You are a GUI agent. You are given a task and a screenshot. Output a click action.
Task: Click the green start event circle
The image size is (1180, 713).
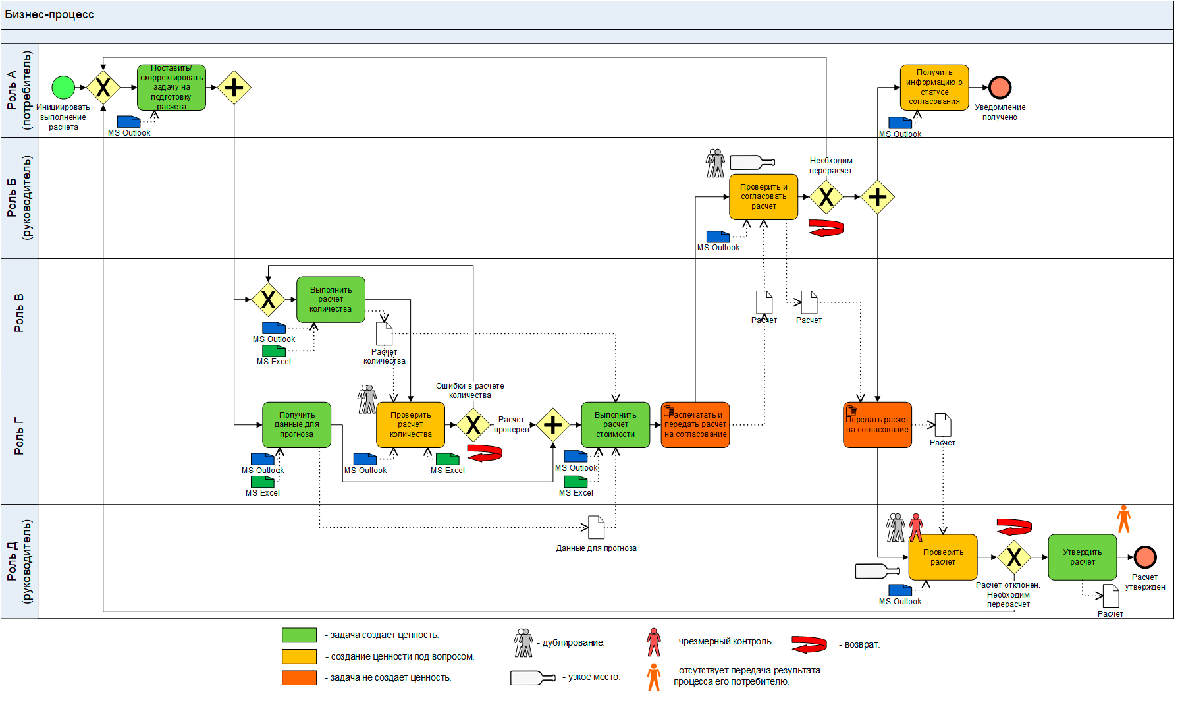click(63, 87)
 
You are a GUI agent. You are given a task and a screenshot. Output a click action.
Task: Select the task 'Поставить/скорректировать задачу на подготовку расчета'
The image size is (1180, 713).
click(171, 88)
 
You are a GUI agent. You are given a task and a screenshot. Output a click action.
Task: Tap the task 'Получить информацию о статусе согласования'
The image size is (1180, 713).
click(934, 88)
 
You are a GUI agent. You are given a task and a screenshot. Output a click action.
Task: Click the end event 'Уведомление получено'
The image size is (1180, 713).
click(1000, 88)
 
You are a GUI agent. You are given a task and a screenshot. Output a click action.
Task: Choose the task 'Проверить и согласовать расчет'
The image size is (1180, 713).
click(763, 197)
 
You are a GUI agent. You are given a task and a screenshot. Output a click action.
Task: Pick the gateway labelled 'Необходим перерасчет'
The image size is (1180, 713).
click(826, 197)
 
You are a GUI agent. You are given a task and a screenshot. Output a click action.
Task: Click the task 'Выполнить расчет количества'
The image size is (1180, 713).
click(331, 300)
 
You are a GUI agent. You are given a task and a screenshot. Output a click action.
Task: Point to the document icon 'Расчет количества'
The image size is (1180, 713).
click(384, 333)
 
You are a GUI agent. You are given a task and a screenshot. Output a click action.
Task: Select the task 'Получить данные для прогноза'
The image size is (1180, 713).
click(296, 425)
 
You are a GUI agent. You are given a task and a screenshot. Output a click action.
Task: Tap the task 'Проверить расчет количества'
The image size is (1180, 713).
click(410, 425)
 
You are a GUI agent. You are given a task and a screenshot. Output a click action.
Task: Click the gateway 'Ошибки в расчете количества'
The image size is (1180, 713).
click(473, 425)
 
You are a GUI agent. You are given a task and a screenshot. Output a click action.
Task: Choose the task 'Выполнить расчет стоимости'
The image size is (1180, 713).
click(615, 425)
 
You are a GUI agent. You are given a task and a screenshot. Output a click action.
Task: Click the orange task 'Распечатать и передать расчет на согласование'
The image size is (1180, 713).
click(695, 425)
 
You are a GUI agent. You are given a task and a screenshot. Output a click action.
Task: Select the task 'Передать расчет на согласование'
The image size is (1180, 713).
click(877, 425)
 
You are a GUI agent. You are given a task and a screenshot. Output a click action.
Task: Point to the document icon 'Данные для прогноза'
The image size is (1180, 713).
click(596, 527)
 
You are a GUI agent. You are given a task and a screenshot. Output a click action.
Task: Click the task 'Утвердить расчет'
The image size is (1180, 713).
click(1082, 557)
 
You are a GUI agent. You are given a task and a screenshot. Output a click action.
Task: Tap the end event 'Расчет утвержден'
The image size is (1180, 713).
click(1145, 557)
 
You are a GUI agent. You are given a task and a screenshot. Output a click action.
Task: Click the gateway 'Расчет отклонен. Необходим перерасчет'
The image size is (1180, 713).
click(1014, 557)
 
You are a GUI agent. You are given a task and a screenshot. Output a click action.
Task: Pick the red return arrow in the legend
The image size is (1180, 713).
click(809, 644)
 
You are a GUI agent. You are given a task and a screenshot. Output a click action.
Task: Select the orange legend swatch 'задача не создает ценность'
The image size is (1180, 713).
click(299, 677)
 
